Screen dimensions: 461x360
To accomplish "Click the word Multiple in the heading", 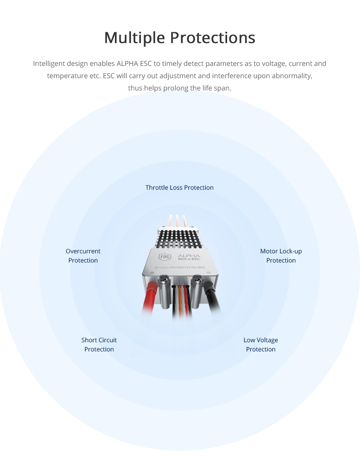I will (x=134, y=38).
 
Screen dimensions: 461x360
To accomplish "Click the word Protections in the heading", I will (x=213, y=38).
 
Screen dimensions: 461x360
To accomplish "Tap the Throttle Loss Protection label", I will (x=179, y=187).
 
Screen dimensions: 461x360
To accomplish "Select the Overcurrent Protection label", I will (x=83, y=256).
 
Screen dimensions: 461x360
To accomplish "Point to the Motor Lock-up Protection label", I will (x=281, y=256).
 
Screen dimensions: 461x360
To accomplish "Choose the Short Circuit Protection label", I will (x=99, y=345).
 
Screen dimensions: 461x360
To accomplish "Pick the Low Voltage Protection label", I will (x=260, y=345).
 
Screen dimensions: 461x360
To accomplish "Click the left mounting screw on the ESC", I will (x=163, y=281).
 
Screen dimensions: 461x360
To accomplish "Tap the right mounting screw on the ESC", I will (x=197, y=280).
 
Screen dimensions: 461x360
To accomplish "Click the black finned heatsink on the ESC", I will (x=178, y=240).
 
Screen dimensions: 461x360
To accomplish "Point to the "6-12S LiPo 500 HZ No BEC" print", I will (x=180, y=267).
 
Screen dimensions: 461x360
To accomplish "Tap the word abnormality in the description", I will (x=292, y=76).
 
